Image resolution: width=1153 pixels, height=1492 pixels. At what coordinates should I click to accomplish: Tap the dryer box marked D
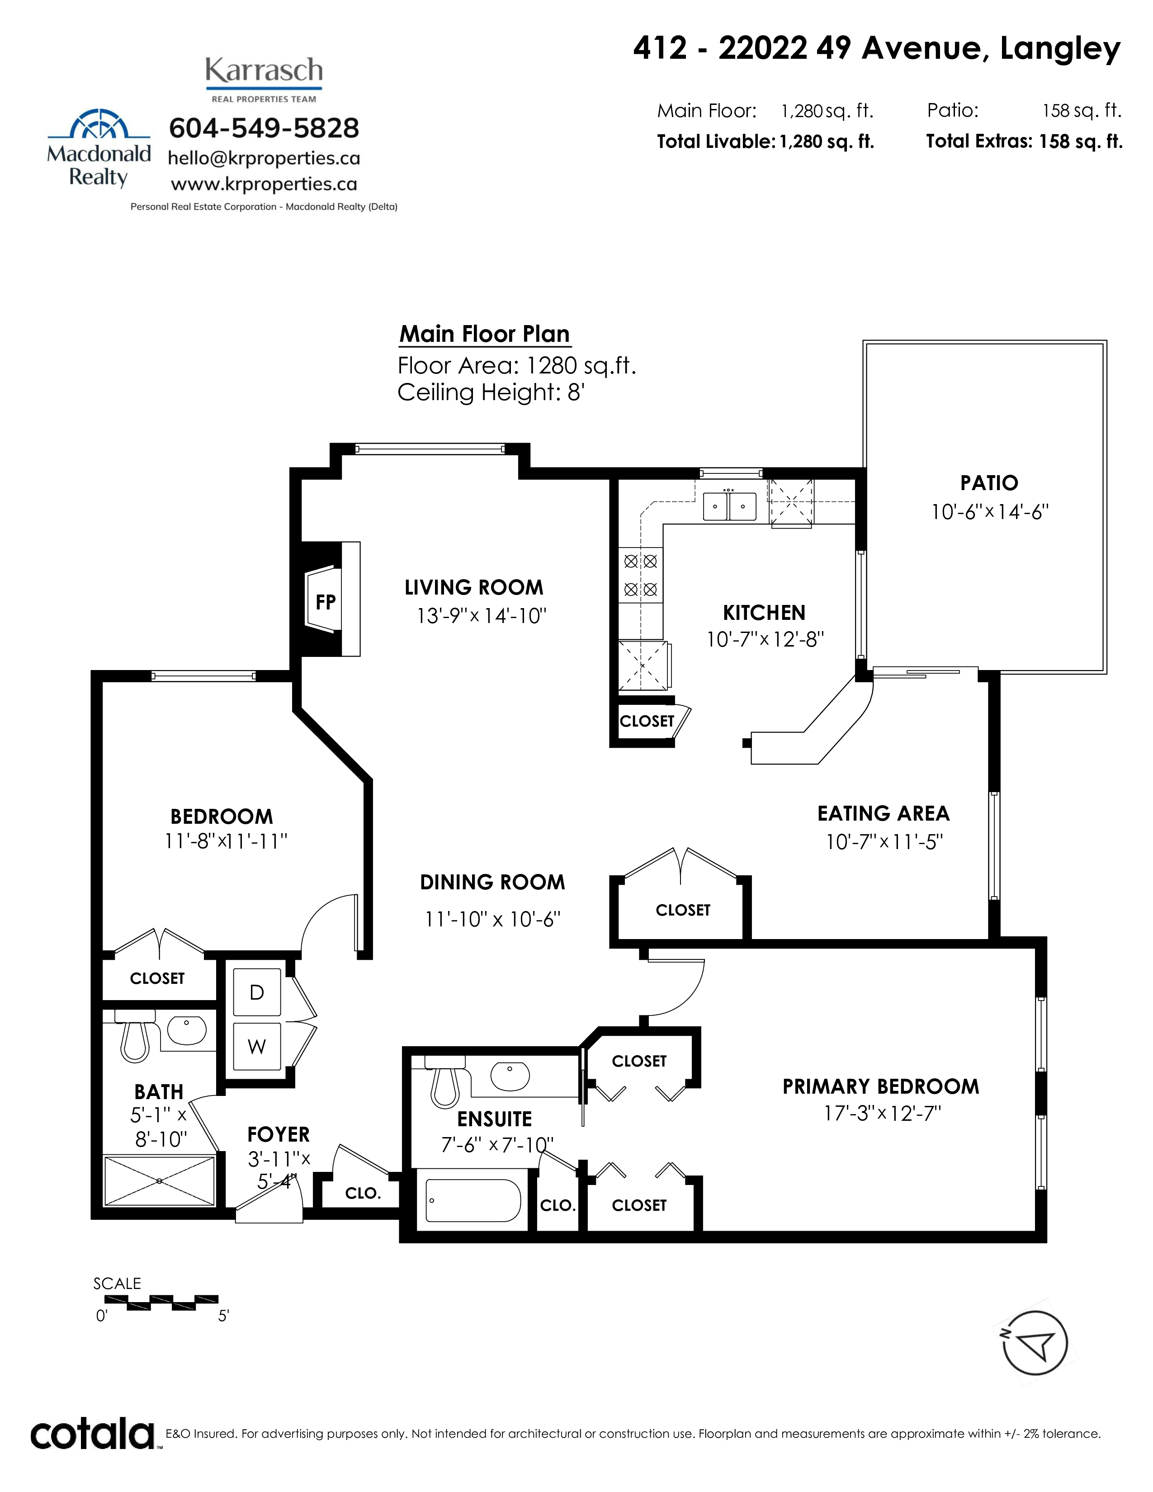257,992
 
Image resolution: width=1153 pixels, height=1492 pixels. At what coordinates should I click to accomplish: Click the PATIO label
989,483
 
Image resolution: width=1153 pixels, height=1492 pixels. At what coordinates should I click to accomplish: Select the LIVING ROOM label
474,587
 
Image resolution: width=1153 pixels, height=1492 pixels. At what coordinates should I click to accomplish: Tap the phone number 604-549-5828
264,128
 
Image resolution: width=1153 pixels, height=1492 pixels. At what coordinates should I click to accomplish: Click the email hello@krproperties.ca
264,159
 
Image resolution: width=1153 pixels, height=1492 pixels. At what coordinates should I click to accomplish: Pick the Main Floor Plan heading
484,334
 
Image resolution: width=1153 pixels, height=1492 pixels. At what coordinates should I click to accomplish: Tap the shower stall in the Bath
159,1180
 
